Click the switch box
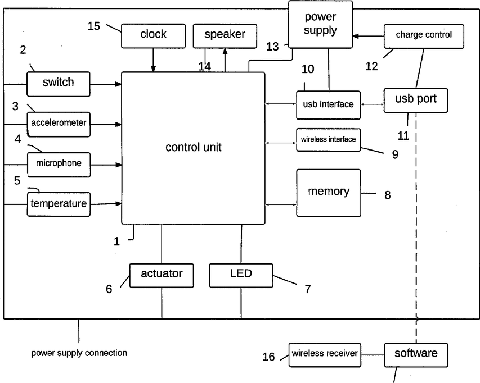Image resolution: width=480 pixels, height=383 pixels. [59, 83]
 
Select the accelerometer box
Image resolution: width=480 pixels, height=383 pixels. [59, 123]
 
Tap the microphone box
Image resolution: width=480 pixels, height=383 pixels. [59, 163]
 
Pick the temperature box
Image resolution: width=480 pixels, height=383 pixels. [59, 203]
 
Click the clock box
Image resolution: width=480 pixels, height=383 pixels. [153, 35]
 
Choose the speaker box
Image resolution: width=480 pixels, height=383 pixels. [225, 35]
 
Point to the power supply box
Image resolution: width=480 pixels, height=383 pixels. [320, 23]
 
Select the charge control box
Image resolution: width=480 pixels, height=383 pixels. [424, 35]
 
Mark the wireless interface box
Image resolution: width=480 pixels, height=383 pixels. [329, 139]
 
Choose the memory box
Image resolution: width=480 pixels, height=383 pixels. [328, 192]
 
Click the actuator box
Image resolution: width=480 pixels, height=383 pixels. [162, 275]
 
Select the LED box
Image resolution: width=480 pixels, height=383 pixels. [241, 275]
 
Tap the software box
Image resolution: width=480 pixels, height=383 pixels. [415, 354]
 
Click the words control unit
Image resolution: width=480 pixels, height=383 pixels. [193, 148]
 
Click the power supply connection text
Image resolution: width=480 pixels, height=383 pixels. [79, 353]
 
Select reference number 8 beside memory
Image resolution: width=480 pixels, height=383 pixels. [387, 195]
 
